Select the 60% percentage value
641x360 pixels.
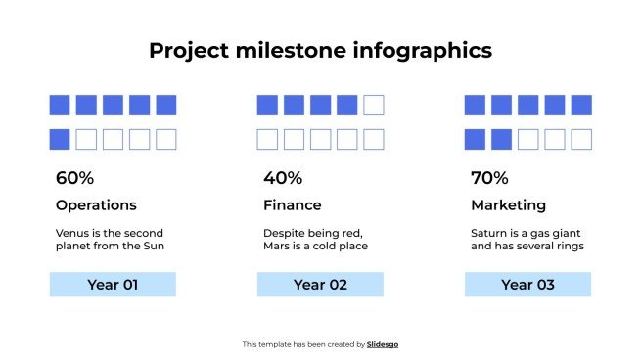[74, 178]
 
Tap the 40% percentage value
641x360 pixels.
[283, 178]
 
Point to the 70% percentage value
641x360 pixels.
[489, 178]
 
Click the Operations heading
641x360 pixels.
[96, 205]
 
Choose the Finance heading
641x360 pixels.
[292, 205]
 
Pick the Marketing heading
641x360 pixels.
[508, 205]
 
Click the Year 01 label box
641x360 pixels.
[113, 285]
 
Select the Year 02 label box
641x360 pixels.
[320, 285]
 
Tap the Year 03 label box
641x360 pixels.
[527, 285]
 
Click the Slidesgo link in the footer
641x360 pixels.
[383, 344]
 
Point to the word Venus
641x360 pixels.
[73, 233]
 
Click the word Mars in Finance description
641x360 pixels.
[279, 246]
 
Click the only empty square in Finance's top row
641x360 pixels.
[373, 105]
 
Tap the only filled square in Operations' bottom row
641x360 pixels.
[60, 139]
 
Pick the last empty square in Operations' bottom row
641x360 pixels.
[165, 139]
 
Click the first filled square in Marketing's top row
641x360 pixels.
[475, 105]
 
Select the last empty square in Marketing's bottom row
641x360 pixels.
[580, 139]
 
